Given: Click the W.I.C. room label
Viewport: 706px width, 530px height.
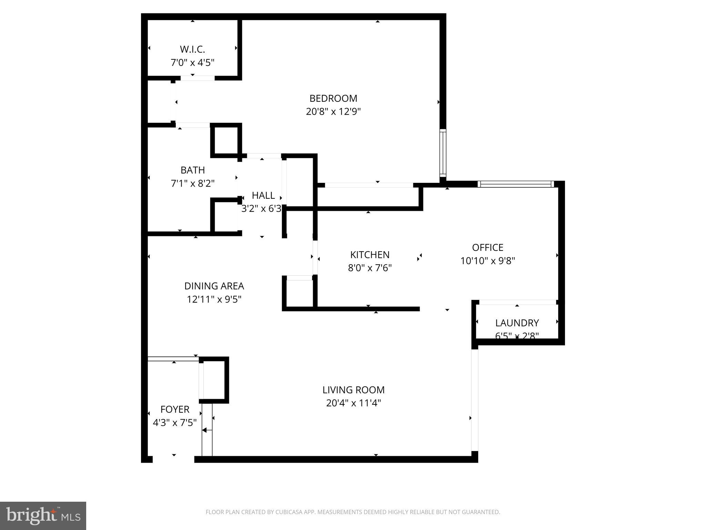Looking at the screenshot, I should [192, 49].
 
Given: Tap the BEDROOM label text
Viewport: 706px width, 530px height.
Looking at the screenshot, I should [333, 99].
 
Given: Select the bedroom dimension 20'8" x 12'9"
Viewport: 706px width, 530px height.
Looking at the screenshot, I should [333, 112].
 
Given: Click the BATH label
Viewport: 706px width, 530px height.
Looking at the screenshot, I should [193, 170].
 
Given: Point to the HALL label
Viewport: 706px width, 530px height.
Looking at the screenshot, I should [263, 196].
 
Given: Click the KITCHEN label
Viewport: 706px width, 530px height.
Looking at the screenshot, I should [370, 255].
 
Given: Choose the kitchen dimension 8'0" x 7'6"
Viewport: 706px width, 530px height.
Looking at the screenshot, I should [370, 268].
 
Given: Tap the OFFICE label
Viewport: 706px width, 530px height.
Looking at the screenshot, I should [487, 247].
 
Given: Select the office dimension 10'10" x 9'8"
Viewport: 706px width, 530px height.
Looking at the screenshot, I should [487, 261].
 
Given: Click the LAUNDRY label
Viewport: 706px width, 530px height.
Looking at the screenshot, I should [517, 323].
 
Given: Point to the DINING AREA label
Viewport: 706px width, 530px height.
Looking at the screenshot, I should [214, 286].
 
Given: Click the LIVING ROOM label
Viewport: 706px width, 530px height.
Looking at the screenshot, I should [353, 390].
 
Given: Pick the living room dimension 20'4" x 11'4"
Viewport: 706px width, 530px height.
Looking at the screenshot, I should [353, 403].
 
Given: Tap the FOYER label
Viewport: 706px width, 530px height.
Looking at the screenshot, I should [175, 410].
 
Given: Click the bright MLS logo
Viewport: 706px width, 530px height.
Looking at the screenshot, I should [43, 516].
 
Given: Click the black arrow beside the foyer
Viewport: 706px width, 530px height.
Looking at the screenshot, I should [205, 430].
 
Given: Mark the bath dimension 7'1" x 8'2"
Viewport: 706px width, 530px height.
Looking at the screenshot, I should [193, 183].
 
